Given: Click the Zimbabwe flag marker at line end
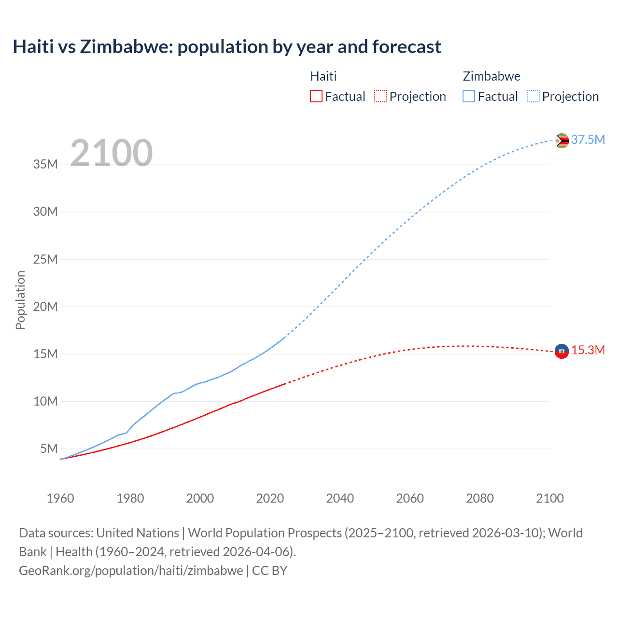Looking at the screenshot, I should point(562,140).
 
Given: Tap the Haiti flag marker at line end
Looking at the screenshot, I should point(562,351).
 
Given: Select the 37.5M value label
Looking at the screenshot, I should point(588,140).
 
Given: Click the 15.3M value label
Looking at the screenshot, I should point(588,350).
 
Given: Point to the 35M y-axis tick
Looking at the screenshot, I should point(45,164).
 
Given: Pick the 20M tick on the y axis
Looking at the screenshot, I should point(45,307).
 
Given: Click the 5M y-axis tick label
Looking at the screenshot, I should point(49,449).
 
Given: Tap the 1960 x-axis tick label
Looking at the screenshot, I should point(60,498).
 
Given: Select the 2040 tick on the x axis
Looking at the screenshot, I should point(340,498).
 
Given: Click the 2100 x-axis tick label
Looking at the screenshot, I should point(549,498).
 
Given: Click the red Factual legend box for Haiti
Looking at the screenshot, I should point(316,96).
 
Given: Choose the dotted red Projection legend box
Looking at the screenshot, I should point(380,96).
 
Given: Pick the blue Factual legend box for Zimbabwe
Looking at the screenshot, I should point(469,96).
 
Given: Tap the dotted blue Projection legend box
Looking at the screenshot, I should point(534,96).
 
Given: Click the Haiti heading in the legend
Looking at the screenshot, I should point(323,76).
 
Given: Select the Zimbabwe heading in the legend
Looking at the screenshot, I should point(492,76).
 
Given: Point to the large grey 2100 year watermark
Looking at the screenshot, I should point(112,153).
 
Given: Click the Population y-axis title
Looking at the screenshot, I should point(20,300).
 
